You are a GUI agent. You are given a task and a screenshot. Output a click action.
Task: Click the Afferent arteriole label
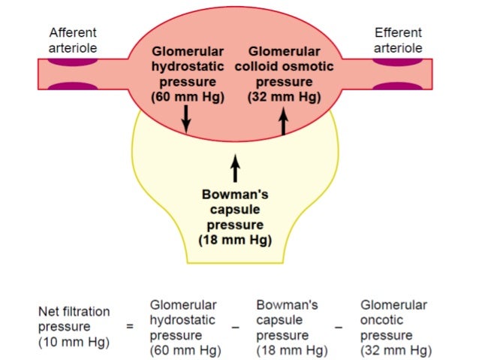pyautogui.click(x=73, y=41)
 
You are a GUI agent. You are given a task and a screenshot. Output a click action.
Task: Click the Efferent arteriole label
pyautogui.click(x=398, y=41)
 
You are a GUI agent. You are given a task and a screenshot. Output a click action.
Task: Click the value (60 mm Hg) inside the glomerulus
pyautogui.click(x=188, y=97)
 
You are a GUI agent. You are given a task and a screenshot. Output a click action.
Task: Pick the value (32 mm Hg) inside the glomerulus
pyautogui.click(x=284, y=97)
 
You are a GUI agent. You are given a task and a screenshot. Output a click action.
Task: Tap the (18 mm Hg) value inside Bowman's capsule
pyautogui.click(x=235, y=241)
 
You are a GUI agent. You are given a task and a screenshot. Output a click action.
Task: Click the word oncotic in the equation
pyautogui.click(x=382, y=320)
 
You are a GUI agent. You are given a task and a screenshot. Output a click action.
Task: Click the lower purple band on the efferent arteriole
pyautogui.click(x=398, y=86)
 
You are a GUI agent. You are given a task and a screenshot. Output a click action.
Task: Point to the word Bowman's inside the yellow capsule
pyautogui.click(x=235, y=195)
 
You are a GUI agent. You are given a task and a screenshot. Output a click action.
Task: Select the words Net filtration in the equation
pyautogui.click(x=74, y=311)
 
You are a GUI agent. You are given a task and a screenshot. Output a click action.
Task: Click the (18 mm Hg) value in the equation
pyautogui.click(x=292, y=350)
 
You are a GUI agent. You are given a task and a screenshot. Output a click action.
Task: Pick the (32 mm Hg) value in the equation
pyautogui.click(x=396, y=350)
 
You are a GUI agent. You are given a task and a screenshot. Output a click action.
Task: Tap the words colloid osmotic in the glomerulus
pyautogui.click(x=284, y=67)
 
